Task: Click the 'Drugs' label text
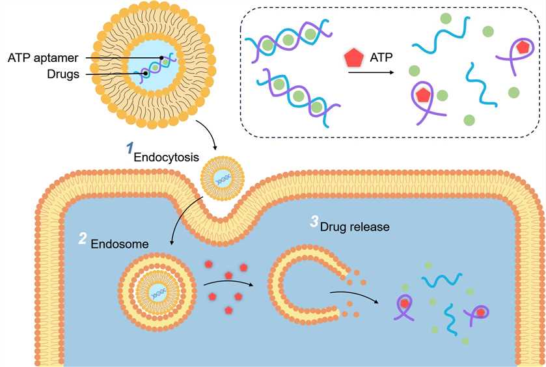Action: [63, 74]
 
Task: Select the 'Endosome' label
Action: [120, 243]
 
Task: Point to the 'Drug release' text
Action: [354, 227]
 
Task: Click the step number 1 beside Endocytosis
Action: [128, 148]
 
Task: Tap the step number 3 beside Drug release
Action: [314, 222]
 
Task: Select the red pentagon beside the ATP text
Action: [353, 59]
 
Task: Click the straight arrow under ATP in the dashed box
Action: [371, 73]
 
